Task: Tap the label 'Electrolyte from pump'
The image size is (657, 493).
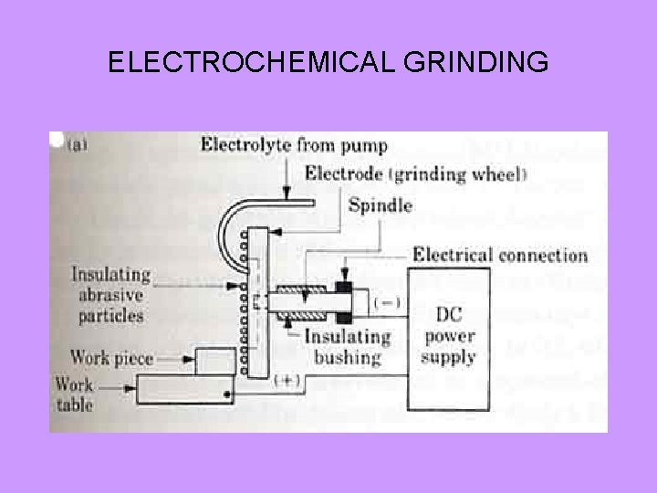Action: click(x=294, y=145)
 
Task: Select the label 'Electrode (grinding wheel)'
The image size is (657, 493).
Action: click(x=403, y=173)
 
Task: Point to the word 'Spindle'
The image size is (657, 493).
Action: click(x=379, y=205)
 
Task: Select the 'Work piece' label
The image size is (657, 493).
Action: click(x=111, y=358)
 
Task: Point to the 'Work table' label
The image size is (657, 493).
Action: click(x=74, y=394)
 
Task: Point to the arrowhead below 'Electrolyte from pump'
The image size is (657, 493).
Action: click(x=287, y=194)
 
